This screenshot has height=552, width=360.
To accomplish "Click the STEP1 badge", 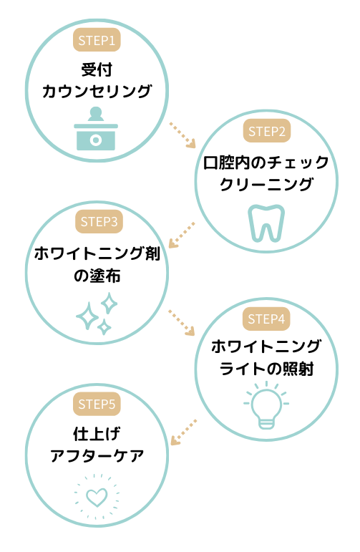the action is pos(97,40).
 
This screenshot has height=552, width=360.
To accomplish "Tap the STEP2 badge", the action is pos(267,131).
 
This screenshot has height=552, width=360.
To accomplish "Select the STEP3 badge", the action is pos(99,221).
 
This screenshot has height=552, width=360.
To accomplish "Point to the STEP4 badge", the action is pos(266,319).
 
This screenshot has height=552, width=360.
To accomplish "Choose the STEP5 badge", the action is pos(97,404).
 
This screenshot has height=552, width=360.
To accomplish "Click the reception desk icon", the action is pos(96,129).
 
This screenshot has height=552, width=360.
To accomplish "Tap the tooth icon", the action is pos(266,223).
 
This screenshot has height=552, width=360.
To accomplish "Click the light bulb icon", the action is pos(266,406).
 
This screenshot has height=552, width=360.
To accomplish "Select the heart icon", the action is pos(97,497).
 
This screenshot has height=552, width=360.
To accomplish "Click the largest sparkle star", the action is pos(87,316).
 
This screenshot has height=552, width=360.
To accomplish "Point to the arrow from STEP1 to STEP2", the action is pos(183,135).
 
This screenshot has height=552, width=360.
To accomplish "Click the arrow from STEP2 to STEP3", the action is pos(182,235).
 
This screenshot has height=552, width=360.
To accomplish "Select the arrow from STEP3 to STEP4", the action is pos(182,322).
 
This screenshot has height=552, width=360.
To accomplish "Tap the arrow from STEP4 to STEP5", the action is pos(184,432).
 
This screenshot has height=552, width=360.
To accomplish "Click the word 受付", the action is pos(97,69).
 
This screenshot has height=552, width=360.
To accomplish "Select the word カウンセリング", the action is pos(97,91).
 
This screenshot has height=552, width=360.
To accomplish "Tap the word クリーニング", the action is pos(266,184).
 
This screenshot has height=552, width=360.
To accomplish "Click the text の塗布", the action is pos(97,276).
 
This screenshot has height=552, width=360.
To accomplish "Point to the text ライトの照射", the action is pos(266,369).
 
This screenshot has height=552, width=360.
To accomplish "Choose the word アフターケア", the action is pos(97,456).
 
